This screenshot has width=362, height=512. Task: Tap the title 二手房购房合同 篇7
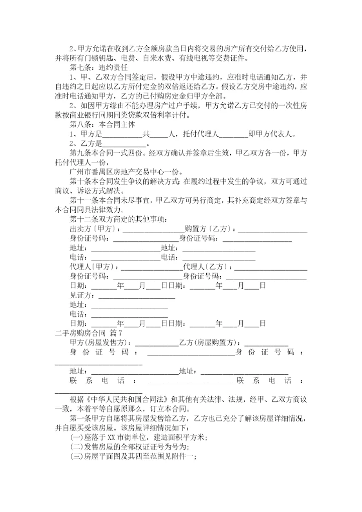pyautogui.click(x=88, y=332)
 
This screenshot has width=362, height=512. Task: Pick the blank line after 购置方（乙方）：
pyautogui.click(x=273, y=229)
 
